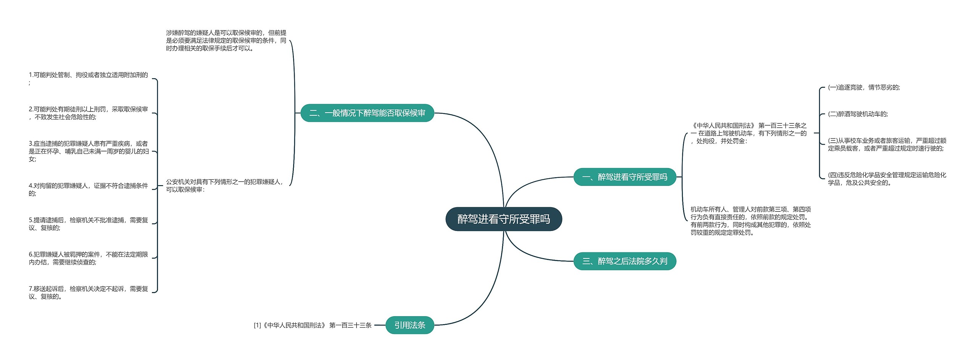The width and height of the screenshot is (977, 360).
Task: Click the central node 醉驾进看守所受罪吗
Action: click(x=503, y=219)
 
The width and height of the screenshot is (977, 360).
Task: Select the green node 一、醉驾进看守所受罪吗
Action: click(x=624, y=177)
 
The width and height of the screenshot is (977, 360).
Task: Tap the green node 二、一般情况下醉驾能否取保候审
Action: click(x=367, y=113)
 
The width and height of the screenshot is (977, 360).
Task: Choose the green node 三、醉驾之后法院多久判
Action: click(x=624, y=261)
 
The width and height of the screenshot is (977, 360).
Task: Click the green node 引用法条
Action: click(x=410, y=325)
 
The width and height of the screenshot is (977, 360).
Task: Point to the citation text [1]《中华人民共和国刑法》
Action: click(x=313, y=325)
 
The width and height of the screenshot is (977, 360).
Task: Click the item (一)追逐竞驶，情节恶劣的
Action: click(x=864, y=87)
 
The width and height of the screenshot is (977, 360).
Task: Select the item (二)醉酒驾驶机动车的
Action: click(x=858, y=114)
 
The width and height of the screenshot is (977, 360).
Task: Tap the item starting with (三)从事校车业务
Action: click(x=887, y=145)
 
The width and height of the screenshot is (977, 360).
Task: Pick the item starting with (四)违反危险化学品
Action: click(x=887, y=179)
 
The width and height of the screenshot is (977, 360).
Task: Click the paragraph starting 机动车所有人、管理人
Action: click(x=750, y=221)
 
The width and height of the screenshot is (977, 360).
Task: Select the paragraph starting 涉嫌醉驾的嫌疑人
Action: click(x=226, y=40)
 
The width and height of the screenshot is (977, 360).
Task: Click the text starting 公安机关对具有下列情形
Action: click(x=225, y=186)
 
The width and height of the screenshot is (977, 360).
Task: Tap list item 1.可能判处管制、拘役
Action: click(x=88, y=78)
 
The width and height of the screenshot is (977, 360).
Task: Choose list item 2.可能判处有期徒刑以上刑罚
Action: click(x=88, y=113)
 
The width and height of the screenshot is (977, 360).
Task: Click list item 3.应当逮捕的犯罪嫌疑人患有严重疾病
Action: click(x=89, y=151)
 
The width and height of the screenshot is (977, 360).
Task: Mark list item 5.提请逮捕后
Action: click(x=88, y=224)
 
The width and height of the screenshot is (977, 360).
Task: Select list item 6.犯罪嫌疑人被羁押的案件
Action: click(x=88, y=258)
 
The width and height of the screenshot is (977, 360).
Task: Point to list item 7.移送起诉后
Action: click(x=88, y=292)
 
